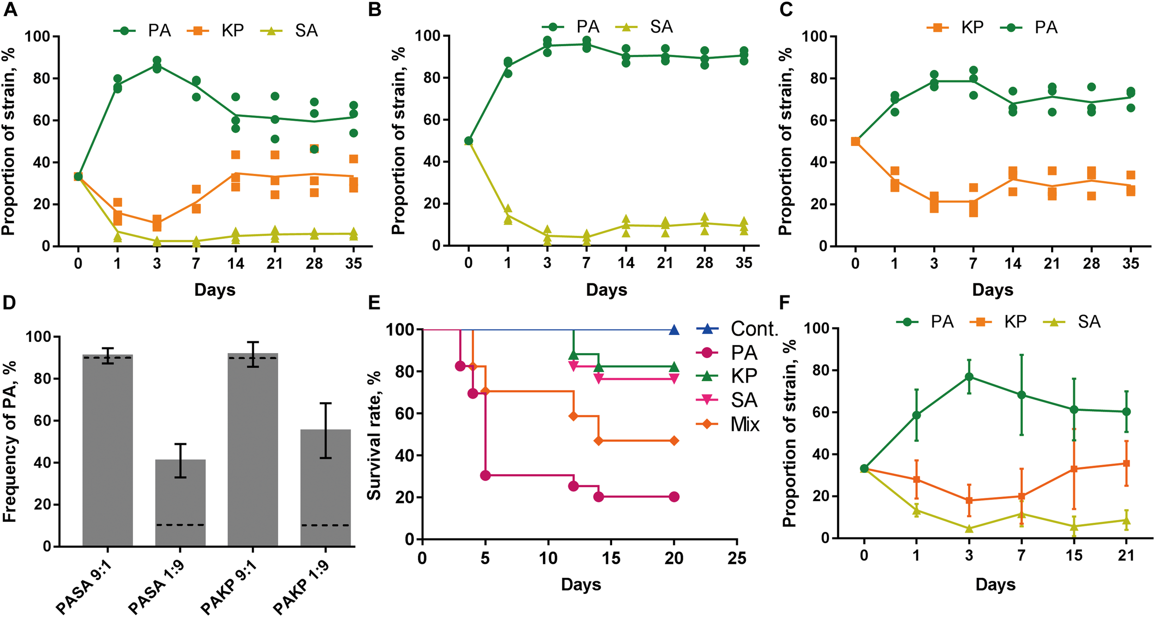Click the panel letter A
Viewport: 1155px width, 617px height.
coord(10,9)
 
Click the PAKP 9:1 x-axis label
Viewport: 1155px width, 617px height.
coord(230,586)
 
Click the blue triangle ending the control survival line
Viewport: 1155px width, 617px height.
coord(674,330)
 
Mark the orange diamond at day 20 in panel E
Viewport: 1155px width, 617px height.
coord(674,441)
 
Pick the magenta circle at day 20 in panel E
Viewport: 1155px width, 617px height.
coord(674,497)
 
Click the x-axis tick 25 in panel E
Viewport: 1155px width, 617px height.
coord(737,558)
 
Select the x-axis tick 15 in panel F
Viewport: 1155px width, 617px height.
coord(1074,555)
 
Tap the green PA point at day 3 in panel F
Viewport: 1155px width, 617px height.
coord(969,377)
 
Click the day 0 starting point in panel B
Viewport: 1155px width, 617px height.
coord(468,141)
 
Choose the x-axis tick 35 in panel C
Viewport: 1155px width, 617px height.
coord(1131,263)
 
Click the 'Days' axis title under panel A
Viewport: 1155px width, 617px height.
coord(215,290)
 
